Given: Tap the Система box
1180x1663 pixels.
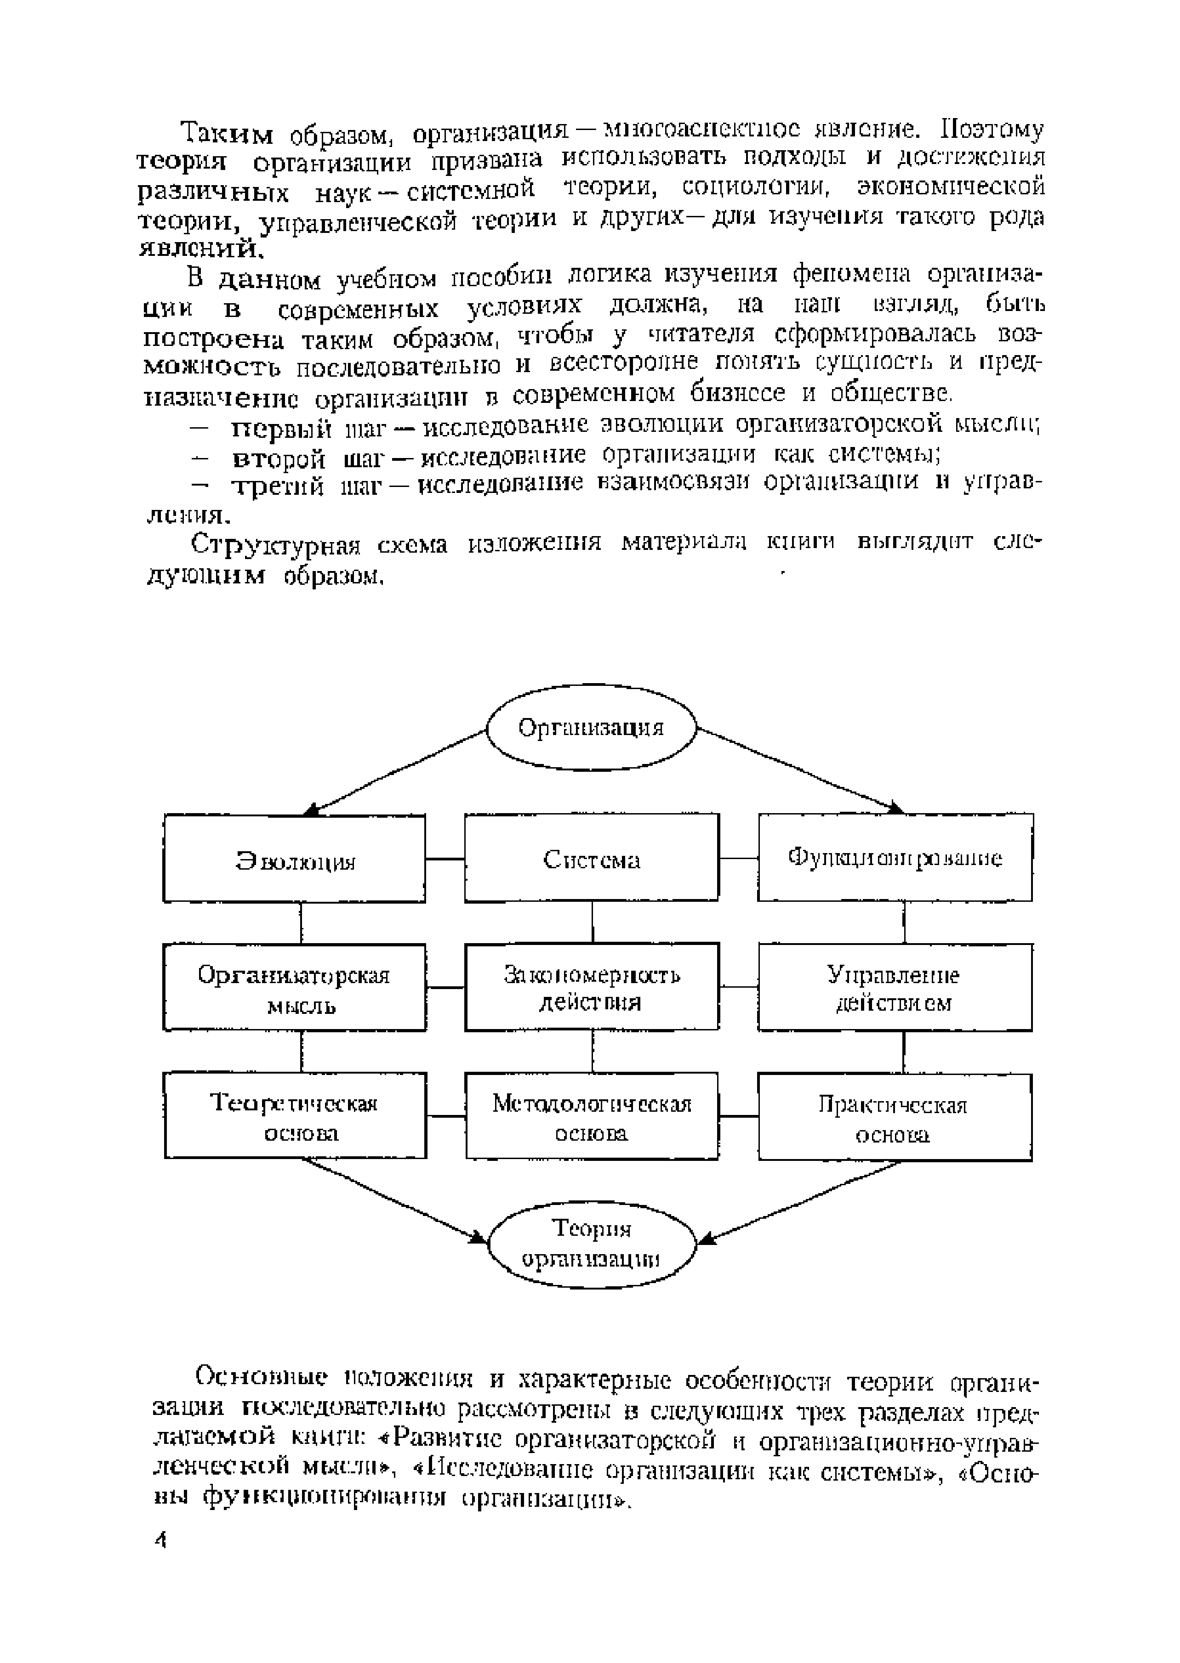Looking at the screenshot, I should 592,858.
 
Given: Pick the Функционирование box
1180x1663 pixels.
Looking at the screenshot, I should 895,858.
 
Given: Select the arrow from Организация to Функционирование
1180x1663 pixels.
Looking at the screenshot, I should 799,771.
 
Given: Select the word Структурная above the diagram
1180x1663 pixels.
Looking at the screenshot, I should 276,545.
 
